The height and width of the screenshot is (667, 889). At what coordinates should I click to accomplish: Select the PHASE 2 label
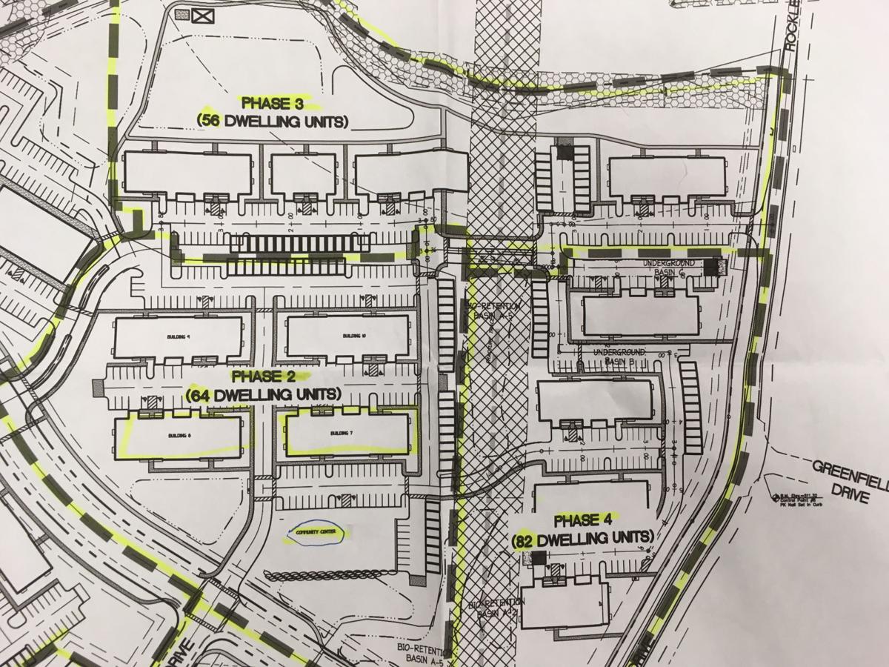click(x=261, y=375)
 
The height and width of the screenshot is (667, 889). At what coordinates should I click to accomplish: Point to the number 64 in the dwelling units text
click(x=203, y=394)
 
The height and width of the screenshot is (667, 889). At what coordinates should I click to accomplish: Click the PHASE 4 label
click(x=582, y=518)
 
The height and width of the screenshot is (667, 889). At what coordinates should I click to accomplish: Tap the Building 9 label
click(x=180, y=336)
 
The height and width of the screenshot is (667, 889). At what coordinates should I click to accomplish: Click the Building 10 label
click(x=348, y=336)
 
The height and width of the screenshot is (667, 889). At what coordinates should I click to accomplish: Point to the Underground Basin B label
click(x=621, y=356)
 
